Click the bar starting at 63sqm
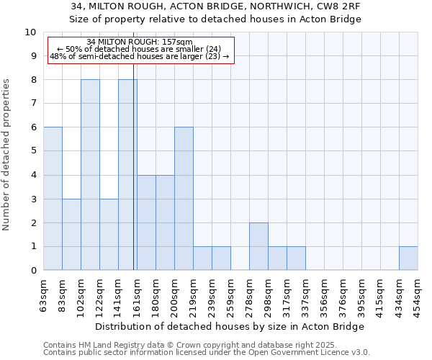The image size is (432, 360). pyautogui.click(x=53, y=199)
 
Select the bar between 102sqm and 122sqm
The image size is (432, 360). pyautogui.click(x=90, y=175)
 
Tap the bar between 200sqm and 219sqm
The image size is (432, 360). pyautogui.click(x=184, y=199)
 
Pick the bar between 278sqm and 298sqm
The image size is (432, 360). pyautogui.click(x=258, y=246)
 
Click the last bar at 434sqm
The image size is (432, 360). pyautogui.click(x=408, y=258)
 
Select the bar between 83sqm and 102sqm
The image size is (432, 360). pyautogui.click(x=71, y=235)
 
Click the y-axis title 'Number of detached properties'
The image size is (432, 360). pyautogui.click(x=7, y=155)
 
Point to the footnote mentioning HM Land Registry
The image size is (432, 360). pyautogui.click(x=206, y=345)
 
